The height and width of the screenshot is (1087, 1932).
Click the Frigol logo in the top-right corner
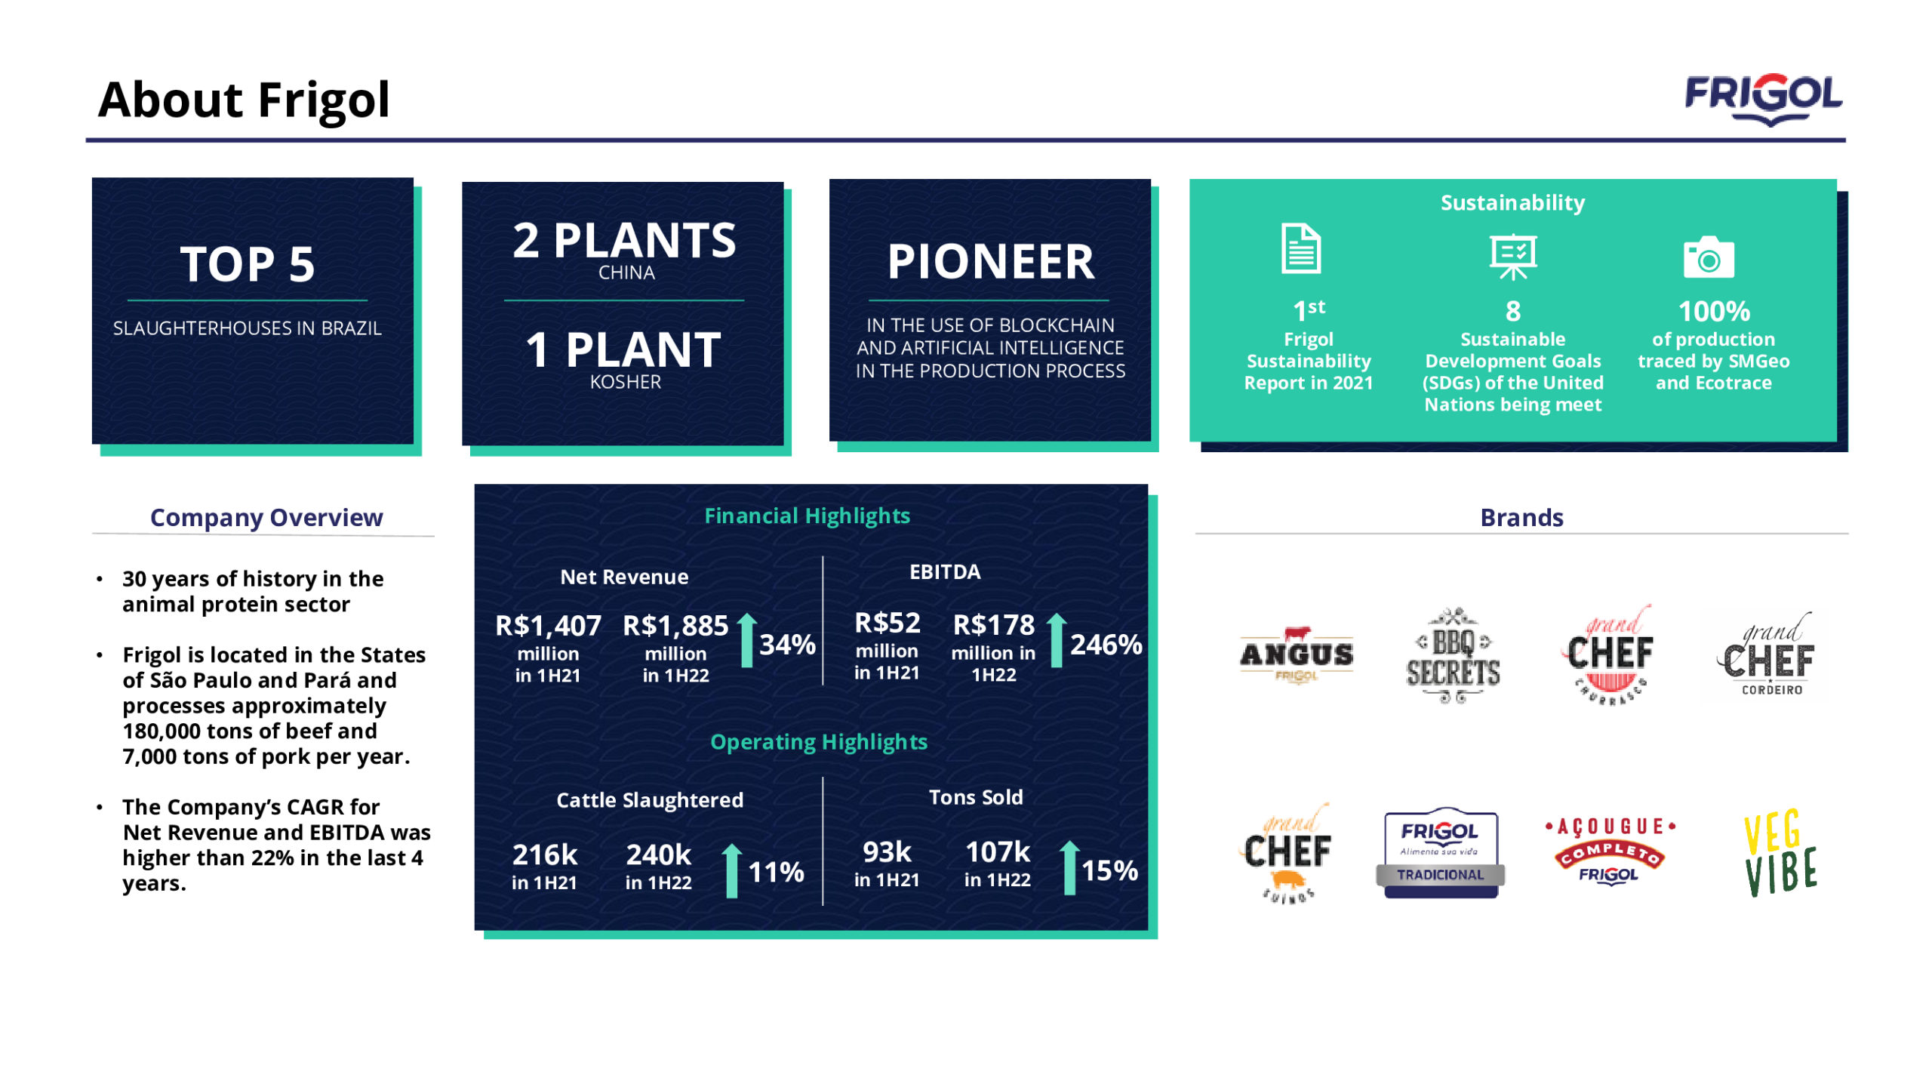click(x=1763, y=99)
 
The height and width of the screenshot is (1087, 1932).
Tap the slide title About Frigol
click(x=244, y=100)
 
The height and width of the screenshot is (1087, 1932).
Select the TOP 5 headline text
click(x=248, y=264)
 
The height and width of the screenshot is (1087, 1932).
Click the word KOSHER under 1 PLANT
click(x=626, y=382)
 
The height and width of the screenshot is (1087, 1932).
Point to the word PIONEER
click(x=990, y=261)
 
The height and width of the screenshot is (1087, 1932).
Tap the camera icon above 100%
click(x=1709, y=258)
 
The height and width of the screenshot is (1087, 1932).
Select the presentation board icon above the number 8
click(x=1512, y=257)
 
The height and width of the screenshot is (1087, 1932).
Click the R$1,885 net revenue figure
click(x=675, y=626)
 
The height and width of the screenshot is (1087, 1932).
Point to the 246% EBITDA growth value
click(x=1106, y=644)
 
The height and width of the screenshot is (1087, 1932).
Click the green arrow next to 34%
click(x=746, y=640)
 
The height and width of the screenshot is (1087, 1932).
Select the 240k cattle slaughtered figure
click(x=658, y=855)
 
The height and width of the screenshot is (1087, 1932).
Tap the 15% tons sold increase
click(x=1109, y=870)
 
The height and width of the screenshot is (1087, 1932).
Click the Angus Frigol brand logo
click(x=1297, y=654)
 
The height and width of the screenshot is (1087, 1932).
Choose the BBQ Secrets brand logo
click(x=1453, y=655)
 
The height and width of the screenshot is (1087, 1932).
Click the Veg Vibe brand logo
click(x=1781, y=853)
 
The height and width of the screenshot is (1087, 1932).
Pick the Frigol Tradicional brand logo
click(x=1441, y=853)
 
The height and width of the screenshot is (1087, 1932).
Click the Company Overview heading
click(x=266, y=518)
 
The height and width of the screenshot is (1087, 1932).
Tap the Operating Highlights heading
click(x=819, y=742)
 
